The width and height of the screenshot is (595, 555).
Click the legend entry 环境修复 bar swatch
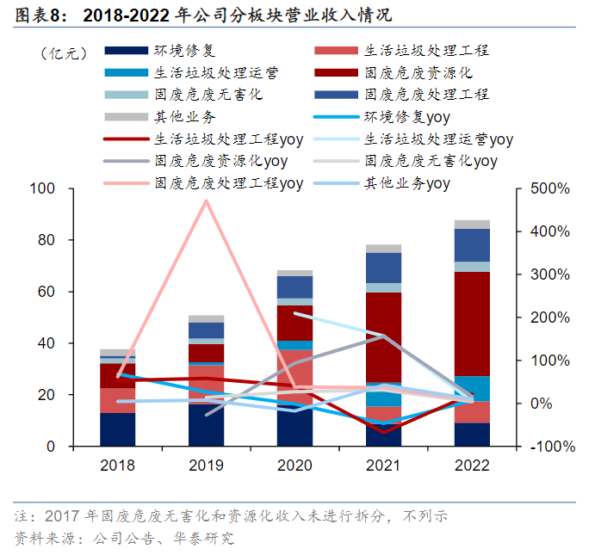(x=127, y=51)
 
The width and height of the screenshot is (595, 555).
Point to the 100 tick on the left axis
(x=42, y=188)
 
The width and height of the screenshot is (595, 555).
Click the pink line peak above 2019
(x=206, y=200)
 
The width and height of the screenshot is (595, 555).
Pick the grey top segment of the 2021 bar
(x=383, y=249)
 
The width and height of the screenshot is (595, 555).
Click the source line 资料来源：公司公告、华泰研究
(x=124, y=540)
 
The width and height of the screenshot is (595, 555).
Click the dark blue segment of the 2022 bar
(x=472, y=244)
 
